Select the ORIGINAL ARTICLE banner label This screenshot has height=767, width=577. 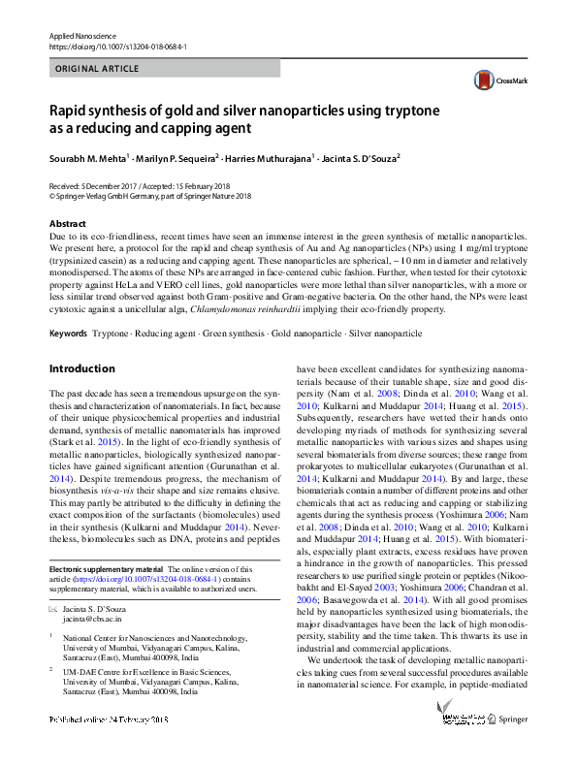[x=97, y=70]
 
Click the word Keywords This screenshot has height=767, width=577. [x=68, y=333]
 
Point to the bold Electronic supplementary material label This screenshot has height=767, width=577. [x=105, y=569]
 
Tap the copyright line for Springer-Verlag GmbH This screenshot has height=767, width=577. [x=149, y=194]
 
